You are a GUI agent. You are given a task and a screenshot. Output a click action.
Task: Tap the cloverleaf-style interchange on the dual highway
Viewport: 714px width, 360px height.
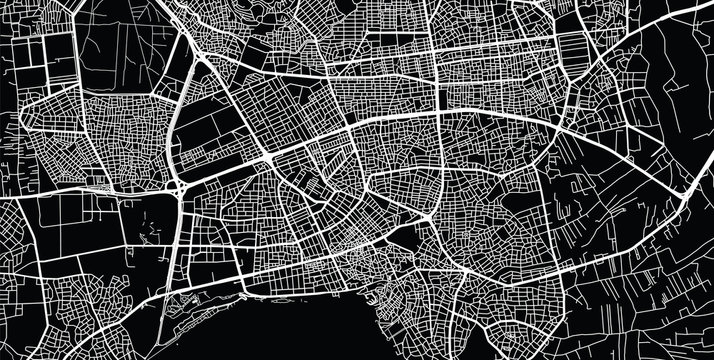pos(180,186)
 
